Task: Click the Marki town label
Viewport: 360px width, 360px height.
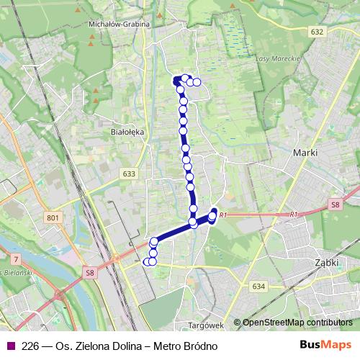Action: (x=305, y=153)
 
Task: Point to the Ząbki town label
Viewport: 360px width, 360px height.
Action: (x=326, y=263)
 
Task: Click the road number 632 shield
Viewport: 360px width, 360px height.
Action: (x=318, y=32)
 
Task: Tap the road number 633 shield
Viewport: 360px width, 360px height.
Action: (x=129, y=174)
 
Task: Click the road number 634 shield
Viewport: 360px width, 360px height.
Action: (x=259, y=286)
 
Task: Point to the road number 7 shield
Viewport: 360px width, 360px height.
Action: (x=15, y=258)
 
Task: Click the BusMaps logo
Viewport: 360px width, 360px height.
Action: (x=325, y=345)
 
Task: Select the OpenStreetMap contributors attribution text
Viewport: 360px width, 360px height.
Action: (x=297, y=323)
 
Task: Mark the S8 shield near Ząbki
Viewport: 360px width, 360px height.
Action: (x=335, y=205)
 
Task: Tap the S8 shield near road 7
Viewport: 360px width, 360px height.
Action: (x=89, y=272)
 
